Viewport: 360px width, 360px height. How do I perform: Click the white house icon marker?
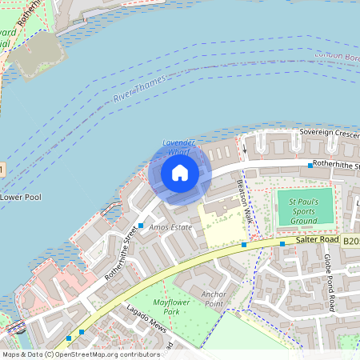(x=179, y=173)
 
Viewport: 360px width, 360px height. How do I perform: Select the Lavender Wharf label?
(x=179, y=146)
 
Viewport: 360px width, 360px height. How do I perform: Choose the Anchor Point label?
(x=214, y=298)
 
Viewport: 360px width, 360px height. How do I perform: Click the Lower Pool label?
(x=20, y=196)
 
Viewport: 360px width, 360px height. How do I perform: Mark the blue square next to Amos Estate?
(x=141, y=226)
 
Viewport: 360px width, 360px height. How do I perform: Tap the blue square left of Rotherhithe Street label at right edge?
(x=310, y=165)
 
